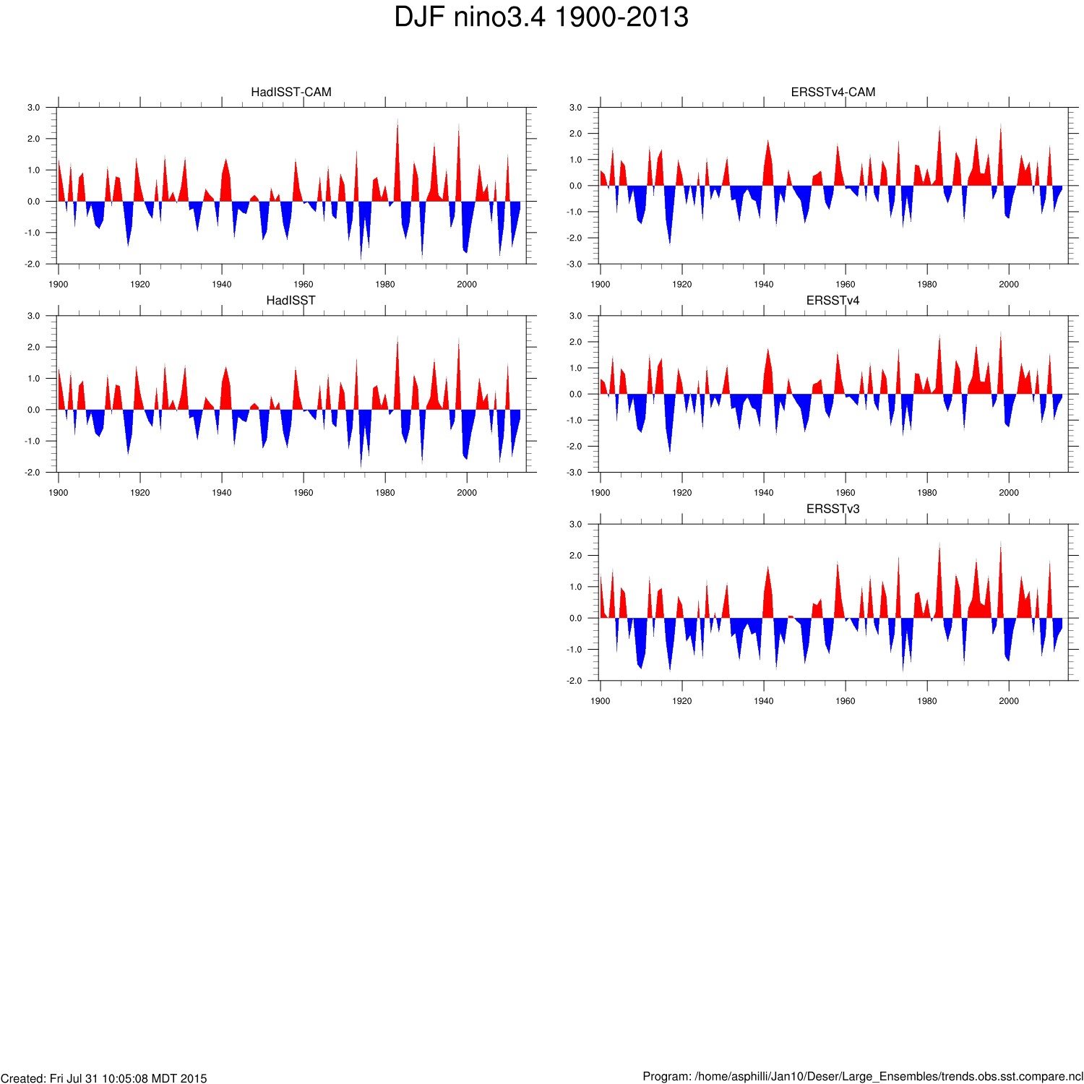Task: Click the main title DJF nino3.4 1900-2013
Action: tap(541, 17)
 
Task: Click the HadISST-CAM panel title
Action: tap(291, 92)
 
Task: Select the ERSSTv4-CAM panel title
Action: tap(833, 92)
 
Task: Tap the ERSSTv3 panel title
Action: tap(833, 509)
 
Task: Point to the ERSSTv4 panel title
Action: tap(833, 301)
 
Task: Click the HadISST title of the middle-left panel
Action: tap(291, 301)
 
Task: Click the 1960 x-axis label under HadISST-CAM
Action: tap(304, 284)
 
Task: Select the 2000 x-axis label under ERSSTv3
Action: tap(1009, 701)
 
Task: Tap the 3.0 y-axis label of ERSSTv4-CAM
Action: tap(575, 108)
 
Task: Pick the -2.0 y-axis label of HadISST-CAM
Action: tap(33, 264)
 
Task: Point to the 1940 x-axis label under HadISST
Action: tap(222, 493)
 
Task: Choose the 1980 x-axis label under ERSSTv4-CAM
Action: tap(927, 284)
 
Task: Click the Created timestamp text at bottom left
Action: tap(104, 1078)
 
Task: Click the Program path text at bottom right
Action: tap(863, 1077)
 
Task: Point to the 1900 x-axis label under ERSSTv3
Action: tap(601, 701)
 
